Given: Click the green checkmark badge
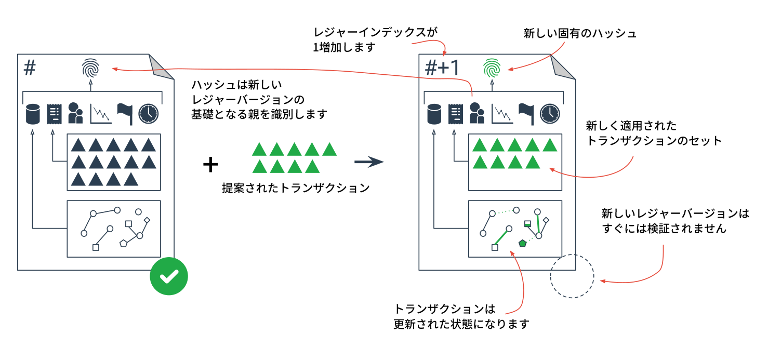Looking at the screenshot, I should (x=168, y=276).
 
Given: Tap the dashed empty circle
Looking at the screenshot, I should (x=572, y=276).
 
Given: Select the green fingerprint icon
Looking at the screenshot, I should (x=491, y=68).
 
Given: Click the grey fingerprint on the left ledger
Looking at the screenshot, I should (x=90, y=68).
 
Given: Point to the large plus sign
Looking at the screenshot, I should (x=210, y=165).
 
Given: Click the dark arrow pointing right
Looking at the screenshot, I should (x=369, y=163).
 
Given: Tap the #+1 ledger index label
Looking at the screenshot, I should (x=442, y=68).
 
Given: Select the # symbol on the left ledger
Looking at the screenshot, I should (x=31, y=67).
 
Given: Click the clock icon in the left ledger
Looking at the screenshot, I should (x=149, y=114).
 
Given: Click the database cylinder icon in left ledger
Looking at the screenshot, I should (x=33, y=114).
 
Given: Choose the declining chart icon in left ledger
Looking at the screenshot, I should (x=101, y=114).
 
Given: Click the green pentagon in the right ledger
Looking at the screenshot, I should (x=523, y=243).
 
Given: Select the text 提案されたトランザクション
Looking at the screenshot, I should (x=295, y=188).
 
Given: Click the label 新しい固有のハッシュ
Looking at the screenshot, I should (x=579, y=34).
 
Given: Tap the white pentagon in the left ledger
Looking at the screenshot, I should (x=124, y=243).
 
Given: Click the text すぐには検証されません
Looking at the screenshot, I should (x=664, y=229).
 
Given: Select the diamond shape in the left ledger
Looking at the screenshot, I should (x=147, y=221).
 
